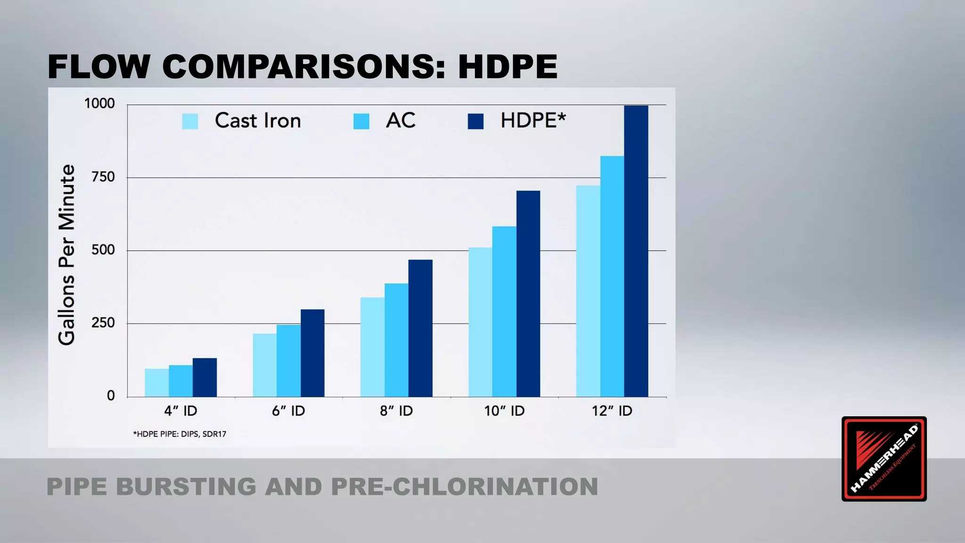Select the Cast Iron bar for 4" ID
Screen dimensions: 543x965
(x=156, y=382)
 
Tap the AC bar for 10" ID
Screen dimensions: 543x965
(x=504, y=311)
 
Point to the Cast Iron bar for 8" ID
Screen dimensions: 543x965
(x=372, y=346)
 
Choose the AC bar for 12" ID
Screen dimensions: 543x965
(x=612, y=276)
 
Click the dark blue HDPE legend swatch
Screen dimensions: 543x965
(x=475, y=121)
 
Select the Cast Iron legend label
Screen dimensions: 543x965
(x=258, y=121)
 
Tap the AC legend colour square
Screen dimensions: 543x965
(x=361, y=121)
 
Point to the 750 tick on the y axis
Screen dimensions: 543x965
(x=103, y=177)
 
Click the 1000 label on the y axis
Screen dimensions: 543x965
(x=99, y=103)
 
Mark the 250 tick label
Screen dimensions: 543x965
(x=103, y=323)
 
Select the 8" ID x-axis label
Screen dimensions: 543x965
(x=396, y=411)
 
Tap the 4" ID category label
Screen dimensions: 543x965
(x=180, y=411)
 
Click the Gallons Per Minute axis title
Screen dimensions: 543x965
(x=66, y=255)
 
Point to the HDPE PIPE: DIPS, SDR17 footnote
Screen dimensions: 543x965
(x=180, y=434)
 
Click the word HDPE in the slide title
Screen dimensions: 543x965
(x=507, y=66)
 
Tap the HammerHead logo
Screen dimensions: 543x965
(x=883, y=459)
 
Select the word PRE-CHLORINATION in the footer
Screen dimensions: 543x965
(x=464, y=487)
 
